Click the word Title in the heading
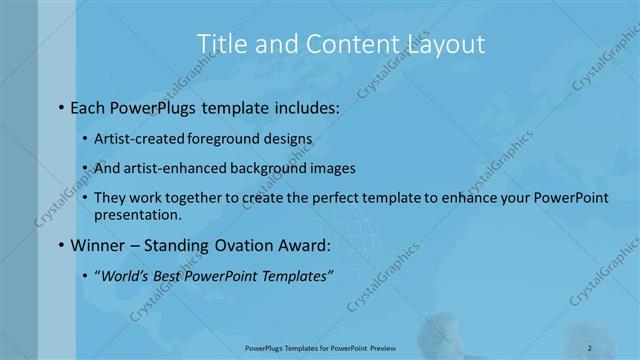[x=219, y=44]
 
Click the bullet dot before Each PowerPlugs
[x=62, y=105]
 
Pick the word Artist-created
[x=137, y=140]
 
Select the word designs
[x=287, y=140]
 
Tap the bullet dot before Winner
[x=62, y=244]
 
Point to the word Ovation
[x=238, y=244]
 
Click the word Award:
[x=304, y=244]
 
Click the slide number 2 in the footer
[x=590, y=349]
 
